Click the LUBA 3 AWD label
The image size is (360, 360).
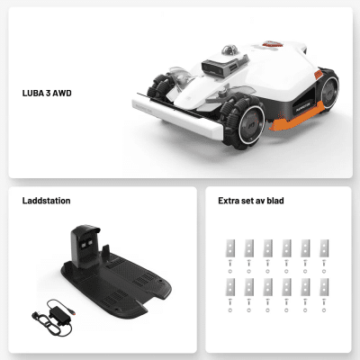point(47,93)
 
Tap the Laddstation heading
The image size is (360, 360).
point(46,201)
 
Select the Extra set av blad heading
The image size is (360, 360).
point(251,201)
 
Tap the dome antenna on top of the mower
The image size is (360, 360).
point(229,50)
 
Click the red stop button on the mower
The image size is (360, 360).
point(273,44)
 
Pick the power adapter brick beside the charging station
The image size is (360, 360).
point(60,316)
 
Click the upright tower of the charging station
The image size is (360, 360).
point(85,246)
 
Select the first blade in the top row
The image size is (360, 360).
point(230,248)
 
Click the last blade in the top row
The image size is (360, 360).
point(324,248)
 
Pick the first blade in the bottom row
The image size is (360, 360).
point(230,287)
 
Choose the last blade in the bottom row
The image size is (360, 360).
point(324,287)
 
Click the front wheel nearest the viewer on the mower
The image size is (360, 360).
point(245,122)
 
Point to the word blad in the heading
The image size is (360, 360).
point(275,201)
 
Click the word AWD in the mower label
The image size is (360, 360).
point(62,93)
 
